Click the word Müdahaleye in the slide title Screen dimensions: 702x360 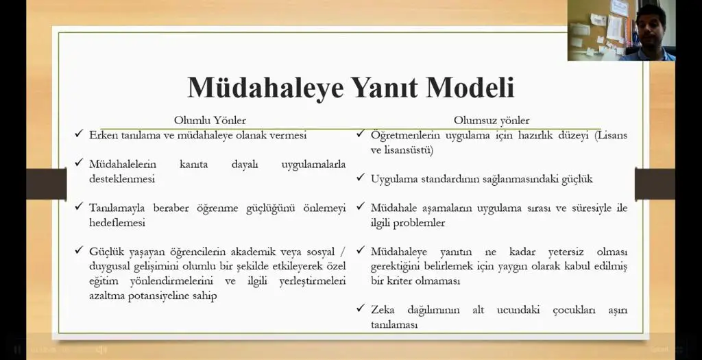(x=265, y=88)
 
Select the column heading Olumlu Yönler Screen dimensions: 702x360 (x=210, y=121)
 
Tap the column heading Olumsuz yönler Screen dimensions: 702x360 (x=492, y=121)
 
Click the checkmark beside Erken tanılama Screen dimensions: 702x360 (x=79, y=134)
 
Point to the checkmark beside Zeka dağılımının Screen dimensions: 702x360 (x=361, y=308)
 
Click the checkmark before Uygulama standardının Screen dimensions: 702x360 (x=361, y=178)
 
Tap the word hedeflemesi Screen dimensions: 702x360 (x=117, y=223)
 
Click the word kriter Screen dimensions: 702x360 (x=399, y=281)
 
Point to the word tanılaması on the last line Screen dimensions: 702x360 (x=394, y=325)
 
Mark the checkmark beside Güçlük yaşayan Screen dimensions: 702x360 (x=79, y=250)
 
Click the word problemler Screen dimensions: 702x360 (x=419, y=223)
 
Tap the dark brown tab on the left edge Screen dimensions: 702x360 (x=47, y=184)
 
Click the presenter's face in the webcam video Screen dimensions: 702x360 (x=651, y=26)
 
